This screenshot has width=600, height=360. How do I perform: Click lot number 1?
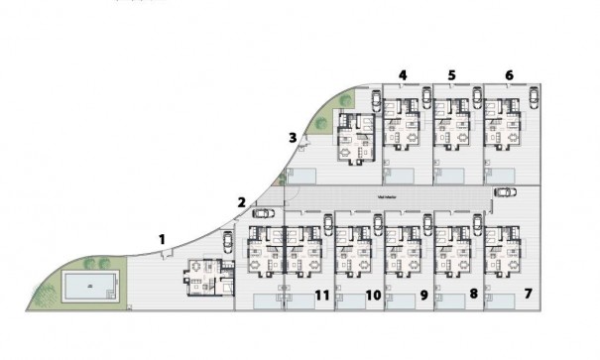click(164, 238)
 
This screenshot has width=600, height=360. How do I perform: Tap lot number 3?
click(292, 137)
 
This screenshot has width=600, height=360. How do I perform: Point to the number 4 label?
click(403, 74)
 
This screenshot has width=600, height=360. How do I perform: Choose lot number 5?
click(452, 74)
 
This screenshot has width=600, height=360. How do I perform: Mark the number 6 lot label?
click(509, 74)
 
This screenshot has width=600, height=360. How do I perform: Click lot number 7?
click(528, 295)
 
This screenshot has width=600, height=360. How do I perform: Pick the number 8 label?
click(473, 295)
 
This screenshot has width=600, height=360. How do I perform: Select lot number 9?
click(423, 295)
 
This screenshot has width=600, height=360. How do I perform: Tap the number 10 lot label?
click(373, 295)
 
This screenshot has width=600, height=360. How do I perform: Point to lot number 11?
click(321, 295)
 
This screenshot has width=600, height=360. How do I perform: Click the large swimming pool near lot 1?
click(90, 288)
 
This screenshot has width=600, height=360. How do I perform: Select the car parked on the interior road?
click(505, 192)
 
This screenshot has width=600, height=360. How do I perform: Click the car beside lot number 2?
click(265, 211)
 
